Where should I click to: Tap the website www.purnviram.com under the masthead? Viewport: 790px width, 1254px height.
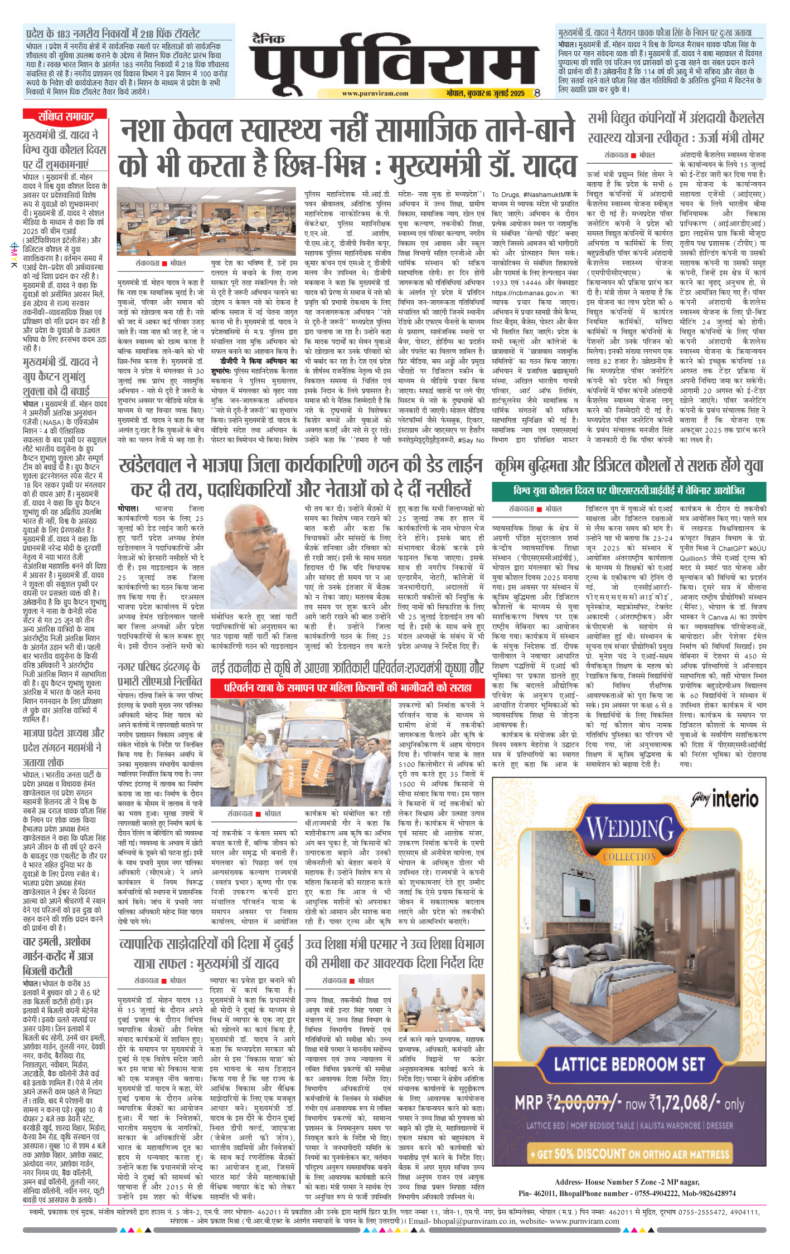coord(375,94)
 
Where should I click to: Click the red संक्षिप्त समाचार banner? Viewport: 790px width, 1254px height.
coord(65,116)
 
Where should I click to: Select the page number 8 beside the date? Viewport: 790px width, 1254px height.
coord(537,94)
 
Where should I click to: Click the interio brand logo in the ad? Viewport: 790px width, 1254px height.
coord(725,799)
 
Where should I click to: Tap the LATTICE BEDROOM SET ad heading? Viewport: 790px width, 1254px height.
coord(629,1065)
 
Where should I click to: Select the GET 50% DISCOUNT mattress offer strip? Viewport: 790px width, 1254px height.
coord(629,1154)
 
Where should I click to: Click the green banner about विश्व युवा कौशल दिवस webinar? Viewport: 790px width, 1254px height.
coord(628,491)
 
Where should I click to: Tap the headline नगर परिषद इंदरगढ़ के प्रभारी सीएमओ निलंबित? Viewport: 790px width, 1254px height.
coord(159,674)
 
